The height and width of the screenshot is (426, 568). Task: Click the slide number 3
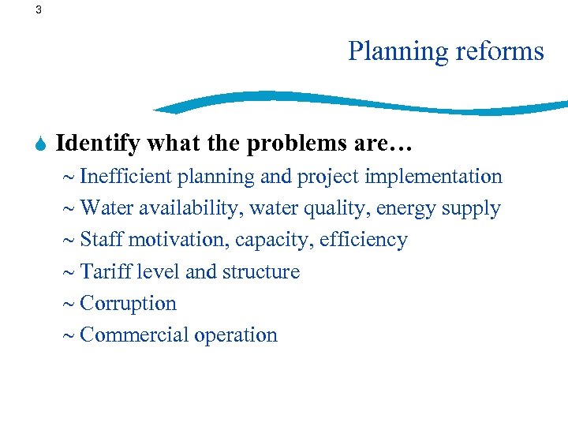click(39, 10)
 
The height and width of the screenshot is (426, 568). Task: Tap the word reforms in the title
click(499, 51)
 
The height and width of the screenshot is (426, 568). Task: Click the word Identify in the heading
click(99, 144)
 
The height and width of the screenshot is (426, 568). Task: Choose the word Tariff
click(106, 271)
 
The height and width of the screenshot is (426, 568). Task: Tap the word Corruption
click(128, 304)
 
